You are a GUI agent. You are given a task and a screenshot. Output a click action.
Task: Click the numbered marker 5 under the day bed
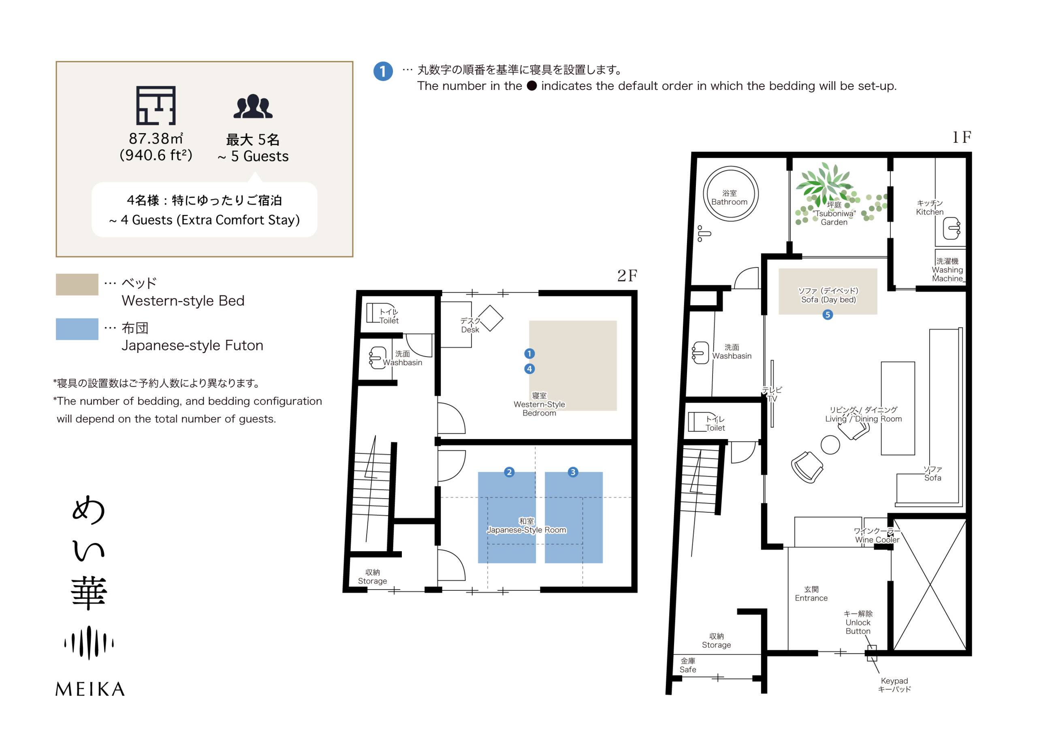tap(828, 314)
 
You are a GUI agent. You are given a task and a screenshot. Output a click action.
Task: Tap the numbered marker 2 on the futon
tap(509, 472)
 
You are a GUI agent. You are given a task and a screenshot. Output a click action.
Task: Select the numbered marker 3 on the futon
tap(573, 472)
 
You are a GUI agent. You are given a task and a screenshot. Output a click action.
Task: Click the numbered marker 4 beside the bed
tap(529, 369)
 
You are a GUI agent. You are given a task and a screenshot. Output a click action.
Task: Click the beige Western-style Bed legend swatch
tap(77, 284)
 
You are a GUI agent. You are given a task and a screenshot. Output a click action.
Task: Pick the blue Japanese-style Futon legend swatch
tap(77, 329)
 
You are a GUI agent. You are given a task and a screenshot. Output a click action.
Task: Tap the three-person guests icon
tap(253, 106)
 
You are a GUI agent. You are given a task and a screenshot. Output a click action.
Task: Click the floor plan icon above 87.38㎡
tap(156, 105)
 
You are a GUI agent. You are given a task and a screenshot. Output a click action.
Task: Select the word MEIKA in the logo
tap(90, 689)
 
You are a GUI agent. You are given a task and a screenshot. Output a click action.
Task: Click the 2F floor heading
tap(627, 275)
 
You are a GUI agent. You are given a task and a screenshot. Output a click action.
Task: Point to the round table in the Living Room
tap(830, 445)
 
